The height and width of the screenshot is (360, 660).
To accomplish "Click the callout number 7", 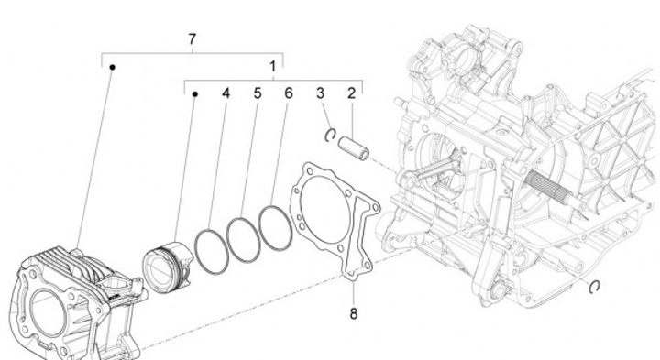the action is pyautogui.click(x=192, y=39).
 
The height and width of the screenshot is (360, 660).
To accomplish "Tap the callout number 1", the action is pyautogui.click(x=273, y=67).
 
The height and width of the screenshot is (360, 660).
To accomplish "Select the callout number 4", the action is pyautogui.click(x=226, y=93).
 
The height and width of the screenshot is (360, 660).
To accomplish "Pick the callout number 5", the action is pyautogui.click(x=258, y=93).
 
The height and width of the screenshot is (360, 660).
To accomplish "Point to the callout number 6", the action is pyautogui.click(x=289, y=93).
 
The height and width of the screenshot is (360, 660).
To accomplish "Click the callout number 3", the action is pyautogui.click(x=321, y=93).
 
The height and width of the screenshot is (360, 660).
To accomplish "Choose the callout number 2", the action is pyautogui.click(x=351, y=93).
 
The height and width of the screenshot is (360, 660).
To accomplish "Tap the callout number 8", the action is pyautogui.click(x=354, y=313).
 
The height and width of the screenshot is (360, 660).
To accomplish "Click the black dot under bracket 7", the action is pyautogui.click(x=113, y=67).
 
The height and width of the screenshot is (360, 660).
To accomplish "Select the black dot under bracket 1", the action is pyautogui.click(x=195, y=94).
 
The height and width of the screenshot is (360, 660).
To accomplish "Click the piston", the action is pyautogui.click(x=168, y=267).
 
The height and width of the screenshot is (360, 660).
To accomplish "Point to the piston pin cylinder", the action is pyautogui.click(x=354, y=148).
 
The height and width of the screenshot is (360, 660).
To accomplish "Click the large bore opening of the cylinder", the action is pyautogui.click(x=47, y=313).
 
